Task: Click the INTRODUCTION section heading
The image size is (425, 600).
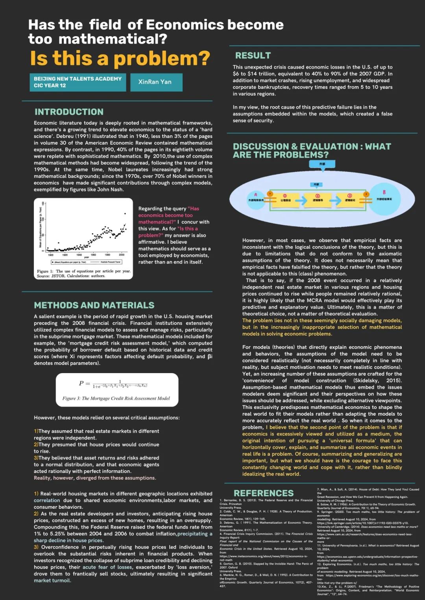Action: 69,112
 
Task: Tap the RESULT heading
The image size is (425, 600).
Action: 253,55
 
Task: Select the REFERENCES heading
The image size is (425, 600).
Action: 263,493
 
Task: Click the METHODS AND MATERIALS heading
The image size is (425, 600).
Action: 94,305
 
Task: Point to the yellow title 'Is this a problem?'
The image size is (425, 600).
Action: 120,59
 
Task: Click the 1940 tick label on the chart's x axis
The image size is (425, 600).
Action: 79,255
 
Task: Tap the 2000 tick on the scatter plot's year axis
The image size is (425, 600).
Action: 122,255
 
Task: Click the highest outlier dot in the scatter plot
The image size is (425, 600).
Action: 125,213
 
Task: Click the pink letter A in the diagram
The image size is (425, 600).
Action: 256,195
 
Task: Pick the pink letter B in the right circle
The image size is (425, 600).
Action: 384,192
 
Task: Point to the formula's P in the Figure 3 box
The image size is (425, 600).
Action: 81,383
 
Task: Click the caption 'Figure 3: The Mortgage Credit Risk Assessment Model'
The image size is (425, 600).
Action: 116,398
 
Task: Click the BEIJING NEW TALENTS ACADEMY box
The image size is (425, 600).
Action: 78,82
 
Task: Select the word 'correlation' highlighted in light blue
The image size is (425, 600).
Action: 47,501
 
